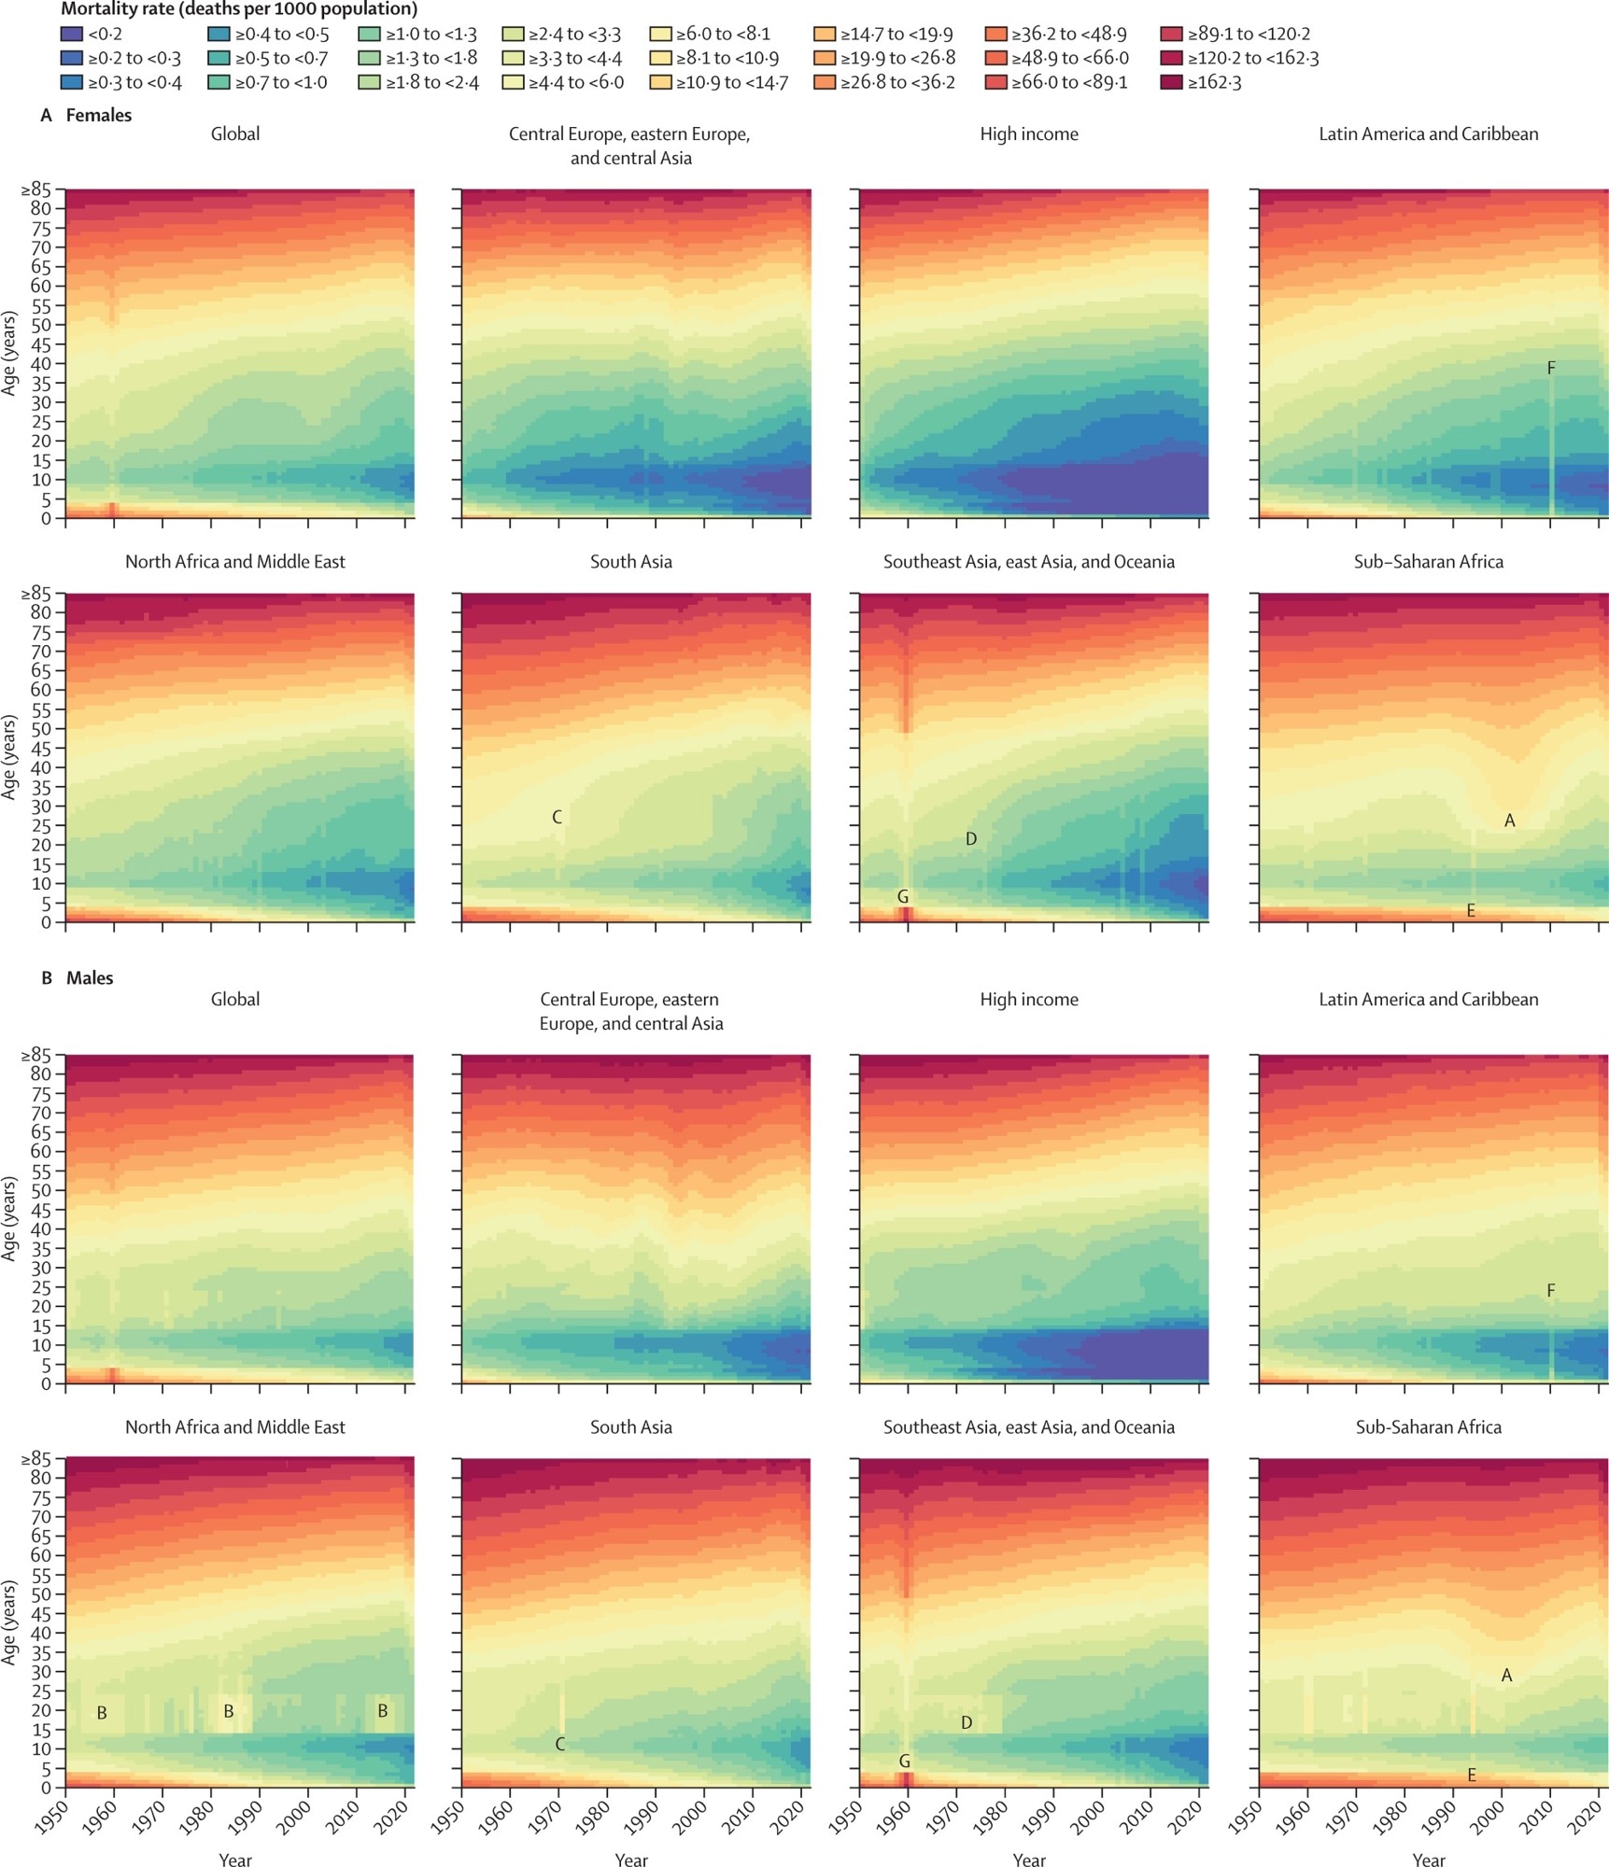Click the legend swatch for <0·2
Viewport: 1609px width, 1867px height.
(x=71, y=35)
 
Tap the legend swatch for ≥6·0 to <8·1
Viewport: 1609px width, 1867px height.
(x=660, y=35)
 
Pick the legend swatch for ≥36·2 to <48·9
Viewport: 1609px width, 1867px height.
(x=995, y=35)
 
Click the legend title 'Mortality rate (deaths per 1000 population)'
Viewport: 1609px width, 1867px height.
(x=239, y=10)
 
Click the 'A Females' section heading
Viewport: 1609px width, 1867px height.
(x=86, y=116)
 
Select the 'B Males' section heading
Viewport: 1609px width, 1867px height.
(x=78, y=978)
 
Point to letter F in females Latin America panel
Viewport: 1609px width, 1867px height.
(x=1551, y=369)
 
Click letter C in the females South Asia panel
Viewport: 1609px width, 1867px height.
(x=557, y=818)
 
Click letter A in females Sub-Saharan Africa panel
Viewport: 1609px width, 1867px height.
(x=1509, y=821)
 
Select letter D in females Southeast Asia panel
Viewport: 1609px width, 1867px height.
(x=971, y=839)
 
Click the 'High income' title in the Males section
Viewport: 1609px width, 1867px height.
(x=1028, y=1000)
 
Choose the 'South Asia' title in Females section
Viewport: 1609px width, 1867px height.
(x=630, y=562)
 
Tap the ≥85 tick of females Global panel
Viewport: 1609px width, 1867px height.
(x=37, y=190)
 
